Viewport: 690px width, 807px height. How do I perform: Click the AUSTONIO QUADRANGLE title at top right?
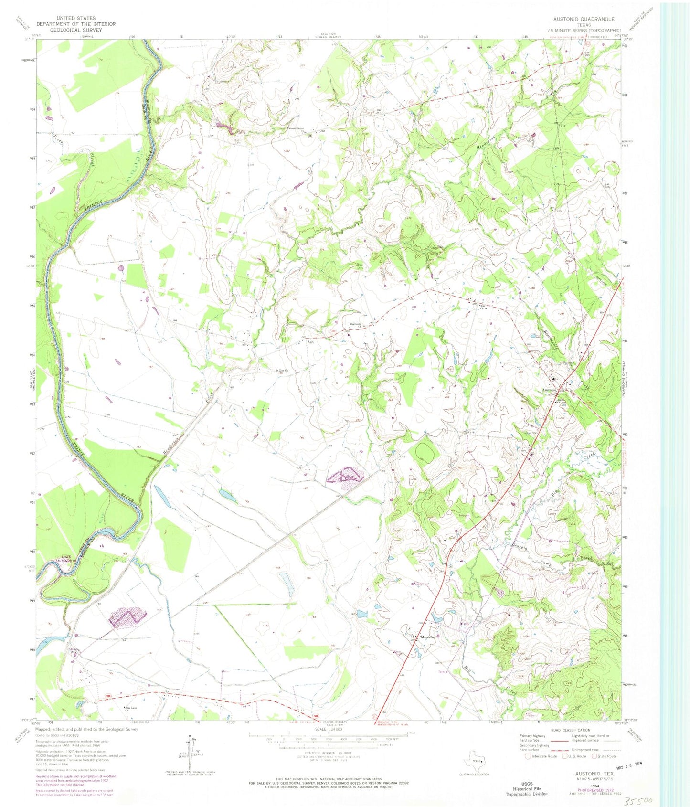tap(584, 19)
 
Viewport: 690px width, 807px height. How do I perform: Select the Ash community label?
tap(310, 342)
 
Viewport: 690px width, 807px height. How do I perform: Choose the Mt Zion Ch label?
tap(281, 371)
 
